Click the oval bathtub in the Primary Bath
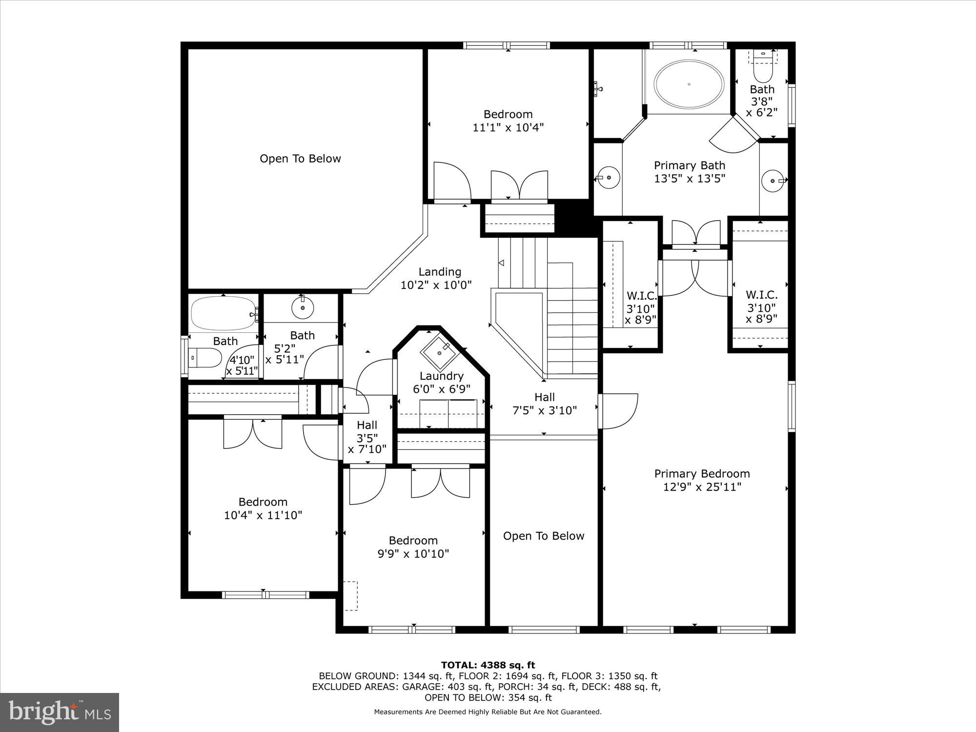coord(689,84)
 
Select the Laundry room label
coord(441,376)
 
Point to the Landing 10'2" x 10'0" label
coord(436,278)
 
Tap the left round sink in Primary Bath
coord(609,177)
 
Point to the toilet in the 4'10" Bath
coord(204,358)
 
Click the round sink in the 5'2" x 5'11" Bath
coord(302,307)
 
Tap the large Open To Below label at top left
coord(300,159)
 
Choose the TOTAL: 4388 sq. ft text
coord(488,665)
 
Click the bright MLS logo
coord(60,712)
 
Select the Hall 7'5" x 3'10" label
coord(544,404)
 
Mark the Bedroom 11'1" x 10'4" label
coord(508,121)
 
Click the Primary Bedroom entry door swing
coord(619,411)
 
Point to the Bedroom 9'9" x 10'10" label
coord(413,547)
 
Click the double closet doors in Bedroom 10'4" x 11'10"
coord(253,433)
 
